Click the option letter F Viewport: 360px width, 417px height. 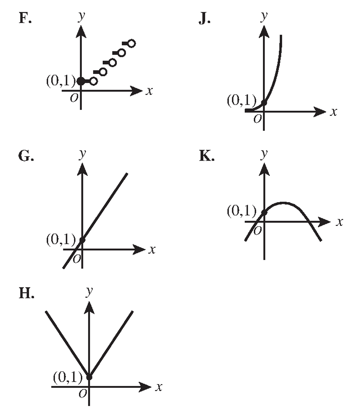pos(25,18)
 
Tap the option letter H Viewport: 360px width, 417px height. pos(27,293)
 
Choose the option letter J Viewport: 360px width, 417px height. pos(204,19)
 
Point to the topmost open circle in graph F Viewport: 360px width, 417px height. pos(131,43)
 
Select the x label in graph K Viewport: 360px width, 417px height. pos(339,221)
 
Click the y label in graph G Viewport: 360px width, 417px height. pos(83,154)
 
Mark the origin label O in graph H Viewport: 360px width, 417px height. pos(83,393)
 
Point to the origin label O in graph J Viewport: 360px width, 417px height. pos(257,119)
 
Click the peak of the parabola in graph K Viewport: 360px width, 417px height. pos(284,203)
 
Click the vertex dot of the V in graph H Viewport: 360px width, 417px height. pos(89,377)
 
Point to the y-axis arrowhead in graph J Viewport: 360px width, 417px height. pos(264,32)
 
